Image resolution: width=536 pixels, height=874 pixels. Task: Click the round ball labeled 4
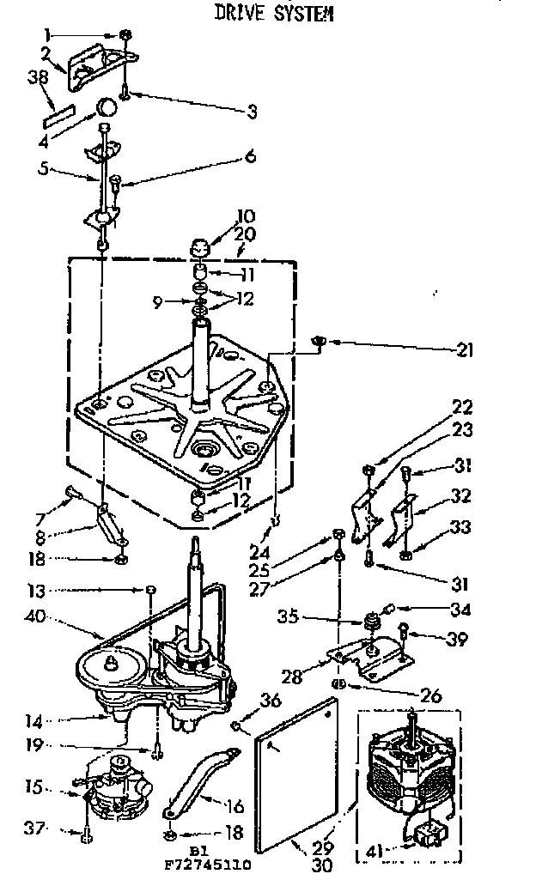[x=107, y=107]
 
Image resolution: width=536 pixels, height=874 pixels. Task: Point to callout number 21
[x=465, y=349]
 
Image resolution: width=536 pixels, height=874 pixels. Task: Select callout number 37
[x=32, y=828]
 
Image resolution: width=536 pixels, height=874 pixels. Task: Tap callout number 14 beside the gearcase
[x=32, y=723]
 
